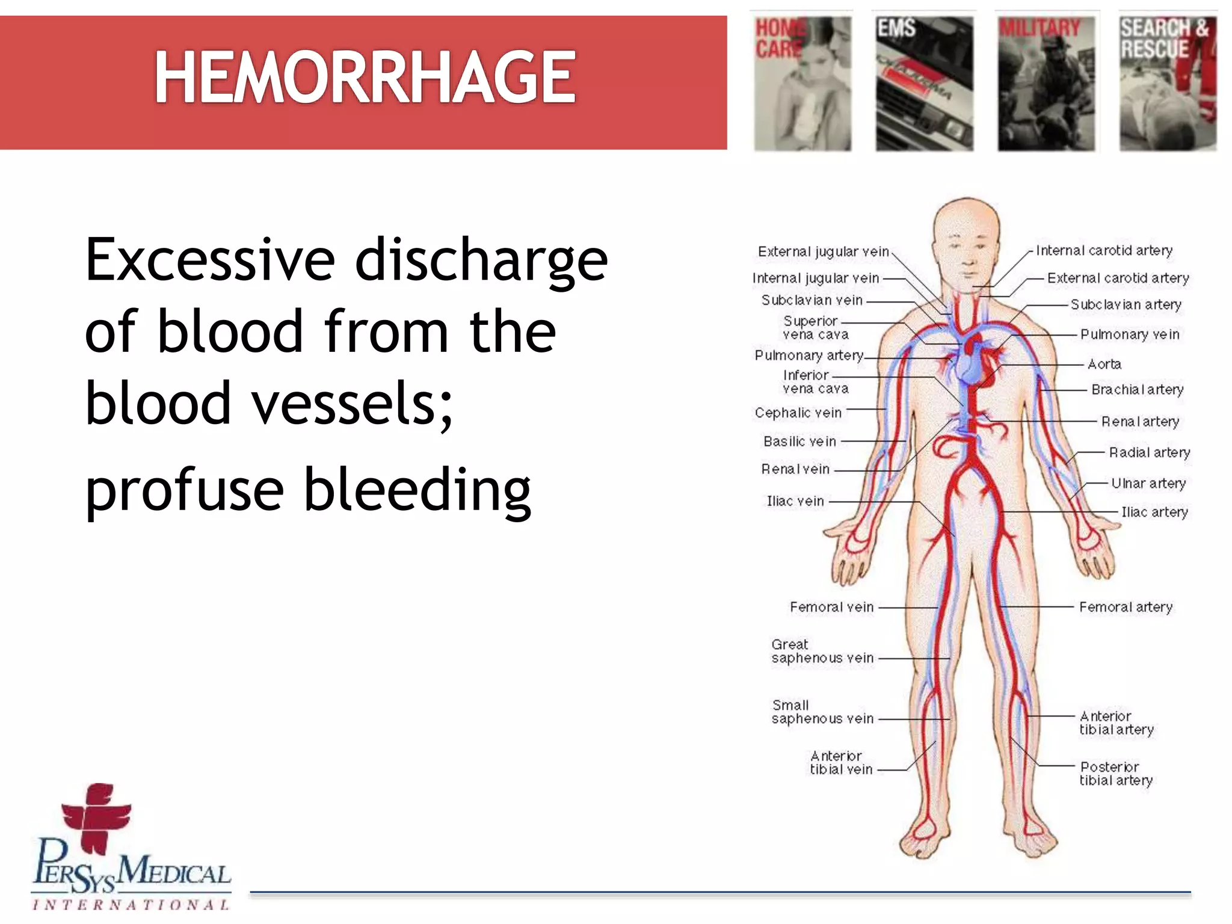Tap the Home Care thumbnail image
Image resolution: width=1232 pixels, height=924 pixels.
802,83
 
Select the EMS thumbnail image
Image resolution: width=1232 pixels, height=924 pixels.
924,83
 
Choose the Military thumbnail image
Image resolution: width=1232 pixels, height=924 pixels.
1046,83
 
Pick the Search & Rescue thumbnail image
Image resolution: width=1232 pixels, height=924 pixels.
1168,83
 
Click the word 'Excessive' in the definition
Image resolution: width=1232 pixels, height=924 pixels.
210,260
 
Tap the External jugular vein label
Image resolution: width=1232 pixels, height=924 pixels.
823,251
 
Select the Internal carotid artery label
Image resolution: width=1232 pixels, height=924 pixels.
1104,250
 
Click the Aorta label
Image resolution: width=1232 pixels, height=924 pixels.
1104,364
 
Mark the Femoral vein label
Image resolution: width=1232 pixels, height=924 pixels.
831,607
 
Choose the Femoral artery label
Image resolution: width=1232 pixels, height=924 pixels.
1126,607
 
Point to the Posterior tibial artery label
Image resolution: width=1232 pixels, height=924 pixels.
1116,774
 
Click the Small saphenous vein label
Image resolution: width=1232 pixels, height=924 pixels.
822,712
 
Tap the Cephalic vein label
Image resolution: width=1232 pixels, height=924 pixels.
798,413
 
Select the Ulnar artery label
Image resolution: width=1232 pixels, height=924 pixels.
1148,483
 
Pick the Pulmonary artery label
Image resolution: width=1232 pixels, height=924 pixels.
808,356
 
